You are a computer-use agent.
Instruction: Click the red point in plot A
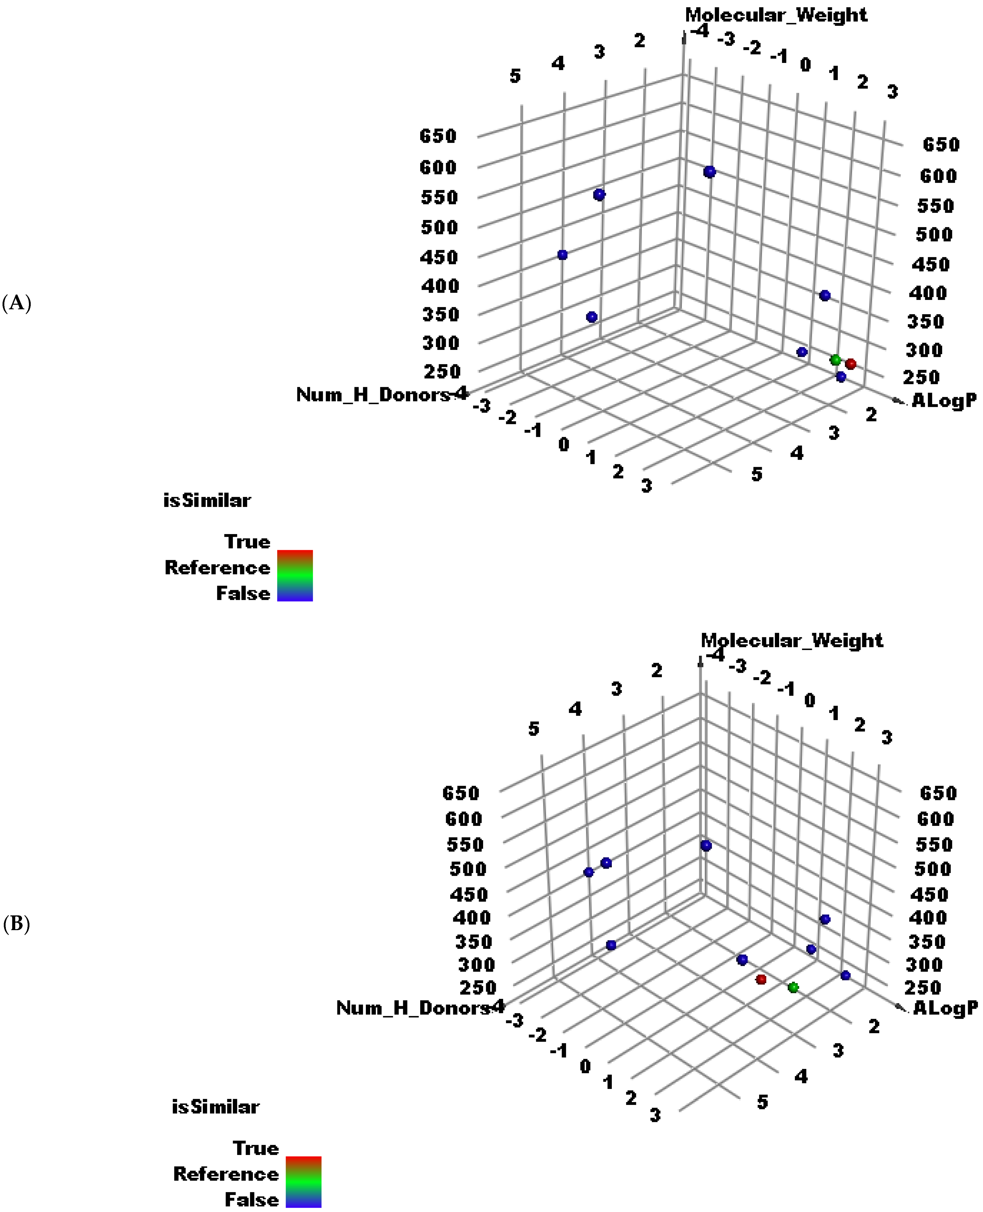(850, 364)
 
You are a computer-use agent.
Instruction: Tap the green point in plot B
(793, 987)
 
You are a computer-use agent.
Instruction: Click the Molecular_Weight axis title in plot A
(776, 15)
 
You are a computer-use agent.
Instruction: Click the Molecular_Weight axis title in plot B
(792, 641)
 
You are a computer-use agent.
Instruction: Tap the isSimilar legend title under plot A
(207, 500)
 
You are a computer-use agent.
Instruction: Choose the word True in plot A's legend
(248, 541)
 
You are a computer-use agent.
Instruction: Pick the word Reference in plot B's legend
(226, 1174)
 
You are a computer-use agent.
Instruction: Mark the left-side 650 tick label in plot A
(438, 136)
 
